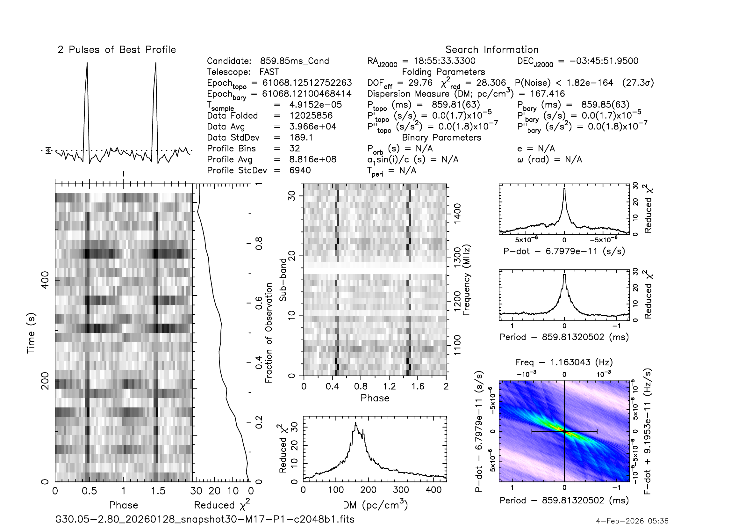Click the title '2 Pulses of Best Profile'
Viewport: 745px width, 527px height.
(x=117, y=50)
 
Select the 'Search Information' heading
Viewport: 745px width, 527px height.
(x=492, y=50)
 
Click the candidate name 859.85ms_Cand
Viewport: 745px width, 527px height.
(x=295, y=61)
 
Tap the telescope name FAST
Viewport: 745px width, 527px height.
(x=269, y=72)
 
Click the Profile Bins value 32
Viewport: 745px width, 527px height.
(x=295, y=148)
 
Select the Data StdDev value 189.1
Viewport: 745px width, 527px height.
(x=301, y=138)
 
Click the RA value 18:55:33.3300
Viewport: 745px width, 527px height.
(x=445, y=61)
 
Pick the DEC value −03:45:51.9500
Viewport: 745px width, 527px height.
(x=604, y=61)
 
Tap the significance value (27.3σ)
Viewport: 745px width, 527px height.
(x=638, y=83)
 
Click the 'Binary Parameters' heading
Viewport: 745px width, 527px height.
(x=441, y=138)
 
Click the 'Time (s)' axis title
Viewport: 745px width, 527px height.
(x=31, y=333)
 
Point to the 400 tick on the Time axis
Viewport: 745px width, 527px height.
(x=46, y=280)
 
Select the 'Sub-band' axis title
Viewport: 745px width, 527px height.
(x=283, y=280)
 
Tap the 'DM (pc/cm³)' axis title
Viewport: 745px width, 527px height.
(x=375, y=505)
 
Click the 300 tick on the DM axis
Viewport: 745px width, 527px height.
(x=401, y=490)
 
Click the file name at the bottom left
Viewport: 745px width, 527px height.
(x=205, y=519)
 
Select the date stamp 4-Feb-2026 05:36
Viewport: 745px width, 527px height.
(x=632, y=521)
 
